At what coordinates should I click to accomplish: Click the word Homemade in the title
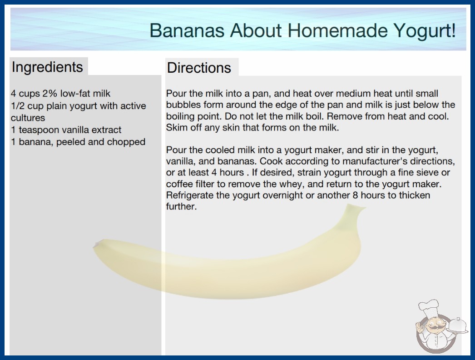337,30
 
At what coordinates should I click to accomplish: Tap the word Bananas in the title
187,30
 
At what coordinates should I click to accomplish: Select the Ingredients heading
47,67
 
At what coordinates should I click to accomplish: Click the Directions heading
199,68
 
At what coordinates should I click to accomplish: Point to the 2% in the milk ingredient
49,94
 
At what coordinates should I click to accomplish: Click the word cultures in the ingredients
28,118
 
